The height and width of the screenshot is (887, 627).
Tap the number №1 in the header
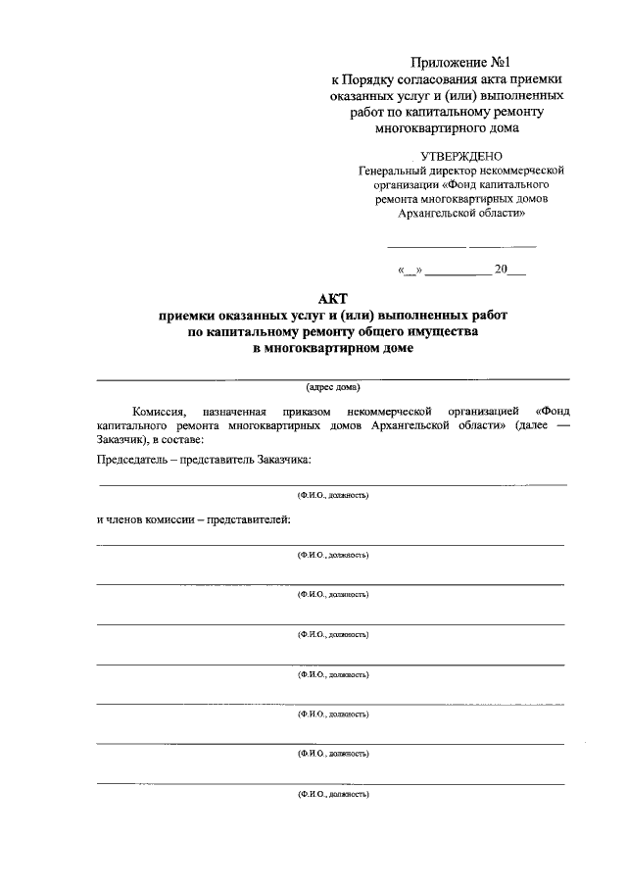click(501, 61)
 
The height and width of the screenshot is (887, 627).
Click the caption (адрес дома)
click(333, 387)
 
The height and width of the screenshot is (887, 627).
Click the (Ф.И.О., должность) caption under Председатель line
click(333, 496)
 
